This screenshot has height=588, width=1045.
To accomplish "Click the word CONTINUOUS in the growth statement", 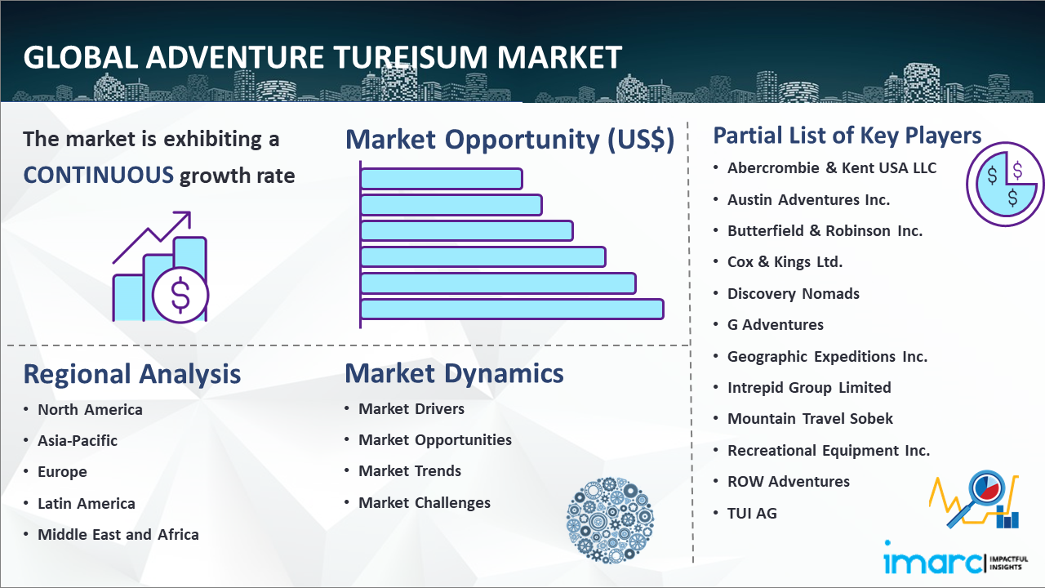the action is [x=99, y=176].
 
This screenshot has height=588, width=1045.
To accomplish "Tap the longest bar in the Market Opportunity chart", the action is [x=512, y=310].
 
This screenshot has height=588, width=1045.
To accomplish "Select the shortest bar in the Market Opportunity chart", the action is [x=442, y=179].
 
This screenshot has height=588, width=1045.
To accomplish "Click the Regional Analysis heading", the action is [x=132, y=374].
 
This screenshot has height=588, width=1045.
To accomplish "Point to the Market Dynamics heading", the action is [x=454, y=373].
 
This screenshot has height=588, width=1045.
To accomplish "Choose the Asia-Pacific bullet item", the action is [x=78, y=440].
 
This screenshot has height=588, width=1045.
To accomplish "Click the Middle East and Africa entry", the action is [x=118, y=534].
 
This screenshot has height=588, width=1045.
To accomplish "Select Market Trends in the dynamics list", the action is [x=410, y=471].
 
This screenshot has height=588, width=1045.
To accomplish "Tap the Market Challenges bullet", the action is [x=425, y=502].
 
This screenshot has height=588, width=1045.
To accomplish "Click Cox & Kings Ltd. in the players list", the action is [x=785, y=262].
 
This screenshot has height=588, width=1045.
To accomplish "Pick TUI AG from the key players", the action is [x=752, y=514].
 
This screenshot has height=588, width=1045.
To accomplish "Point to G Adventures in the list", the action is [x=776, y=325].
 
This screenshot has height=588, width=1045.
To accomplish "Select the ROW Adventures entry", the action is [x=789, y=482].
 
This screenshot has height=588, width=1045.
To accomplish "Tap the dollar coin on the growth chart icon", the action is [x=180, y=295].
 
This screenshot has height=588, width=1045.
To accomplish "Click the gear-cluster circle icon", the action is [x=610, y=520].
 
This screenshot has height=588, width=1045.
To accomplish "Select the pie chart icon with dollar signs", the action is [x=1004, y=185].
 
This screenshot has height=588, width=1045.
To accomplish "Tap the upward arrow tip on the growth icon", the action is [x=190, y=212].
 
